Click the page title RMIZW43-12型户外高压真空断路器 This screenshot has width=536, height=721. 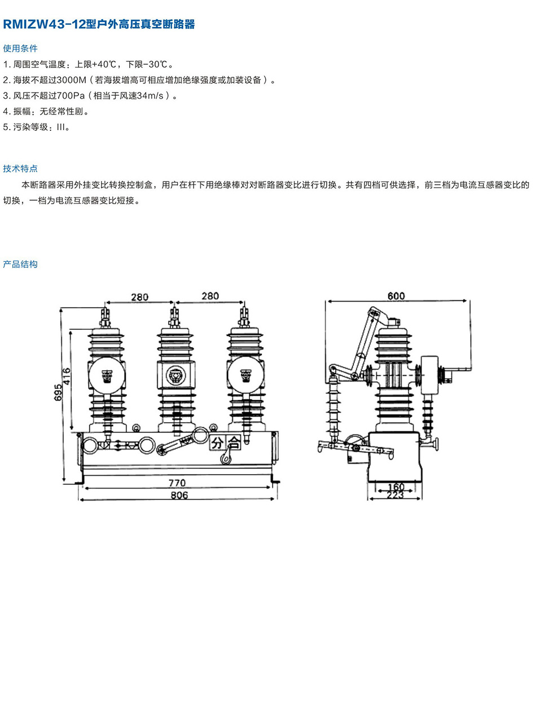99,24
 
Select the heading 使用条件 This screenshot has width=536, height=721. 20,48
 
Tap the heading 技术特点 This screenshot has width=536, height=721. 20,169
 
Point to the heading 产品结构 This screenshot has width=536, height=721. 20,264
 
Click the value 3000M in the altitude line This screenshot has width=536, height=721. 71,80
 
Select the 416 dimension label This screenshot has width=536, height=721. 66,376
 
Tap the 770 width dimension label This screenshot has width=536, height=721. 177,483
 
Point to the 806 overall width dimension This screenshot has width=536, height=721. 179,495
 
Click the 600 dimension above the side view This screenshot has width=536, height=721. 396,296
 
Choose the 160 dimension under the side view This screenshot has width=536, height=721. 396,487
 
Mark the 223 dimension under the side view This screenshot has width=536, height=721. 396,495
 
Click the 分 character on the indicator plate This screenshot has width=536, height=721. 217,443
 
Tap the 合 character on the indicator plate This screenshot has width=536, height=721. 234,443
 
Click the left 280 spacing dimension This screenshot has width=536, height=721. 139,297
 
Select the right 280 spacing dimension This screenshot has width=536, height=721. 210,296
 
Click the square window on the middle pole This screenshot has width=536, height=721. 176,376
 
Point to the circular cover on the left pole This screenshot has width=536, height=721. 107,376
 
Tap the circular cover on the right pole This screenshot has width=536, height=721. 245,376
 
